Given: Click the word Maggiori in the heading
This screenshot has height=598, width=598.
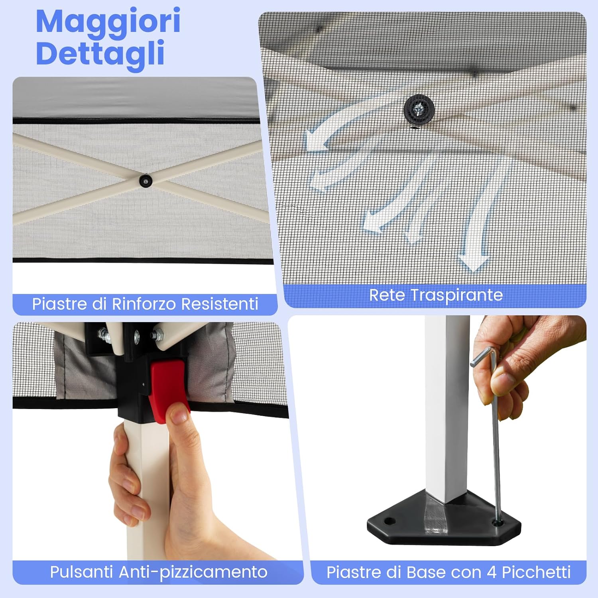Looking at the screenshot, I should pos(108,22).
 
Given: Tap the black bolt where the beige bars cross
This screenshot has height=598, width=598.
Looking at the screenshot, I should pos(146,181).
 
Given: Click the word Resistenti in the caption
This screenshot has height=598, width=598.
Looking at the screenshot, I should pos(220,304).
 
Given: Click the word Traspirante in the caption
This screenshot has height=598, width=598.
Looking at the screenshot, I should pos(456,295).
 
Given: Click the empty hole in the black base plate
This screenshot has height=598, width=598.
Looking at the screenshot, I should pos(389,521).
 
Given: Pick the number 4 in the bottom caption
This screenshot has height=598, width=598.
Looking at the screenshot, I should pos(491,572).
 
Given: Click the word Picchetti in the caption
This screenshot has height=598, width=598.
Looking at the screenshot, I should pos(536,572).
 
